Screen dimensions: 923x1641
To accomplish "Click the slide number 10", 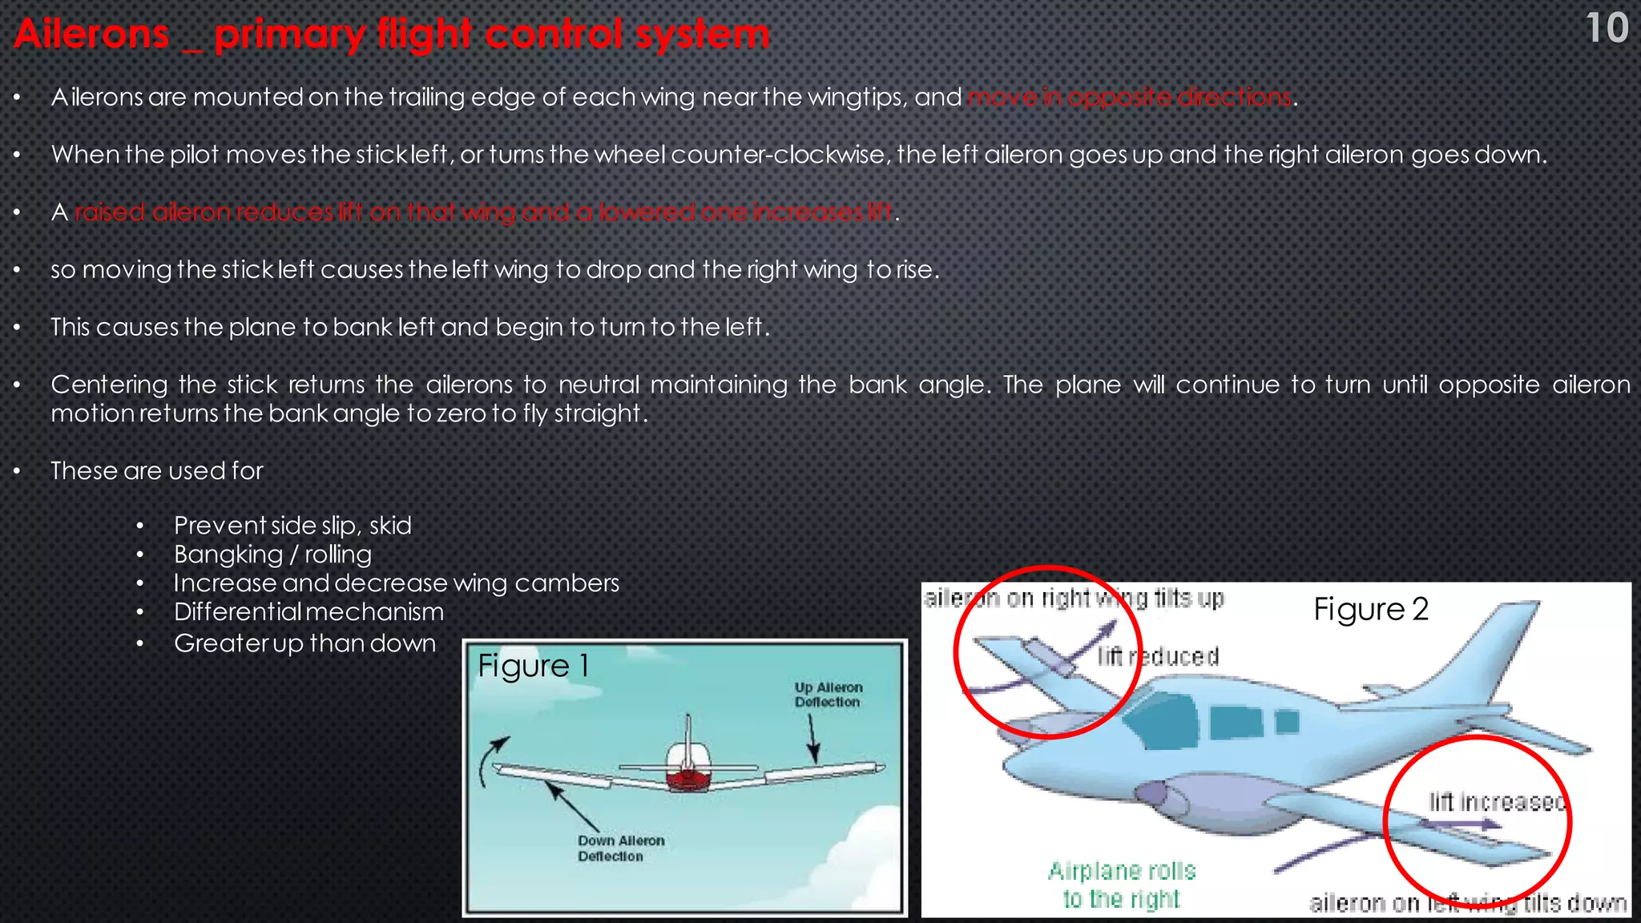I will [1607, 29].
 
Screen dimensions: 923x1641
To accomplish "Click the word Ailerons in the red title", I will [91, 35].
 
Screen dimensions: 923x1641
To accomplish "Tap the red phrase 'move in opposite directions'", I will [1130, 98].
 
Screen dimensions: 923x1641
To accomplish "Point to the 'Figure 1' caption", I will [533, 666].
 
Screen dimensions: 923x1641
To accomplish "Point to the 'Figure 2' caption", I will [1370, 610].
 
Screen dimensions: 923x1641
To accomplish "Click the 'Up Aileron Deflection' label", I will [828, 695].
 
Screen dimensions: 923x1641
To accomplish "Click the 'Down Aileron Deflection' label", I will [621, 848].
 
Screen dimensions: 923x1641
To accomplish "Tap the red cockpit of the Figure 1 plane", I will [688, 777].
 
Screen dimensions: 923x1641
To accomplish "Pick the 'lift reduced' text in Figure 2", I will [1158, 657].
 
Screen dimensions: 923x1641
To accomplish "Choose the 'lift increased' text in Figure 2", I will [1497, 802].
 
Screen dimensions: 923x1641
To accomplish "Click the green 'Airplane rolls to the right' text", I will [1122, 885].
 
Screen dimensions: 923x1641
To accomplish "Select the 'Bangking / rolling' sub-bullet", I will [272, 554].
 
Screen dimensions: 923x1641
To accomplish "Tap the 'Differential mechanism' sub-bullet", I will [308, 612].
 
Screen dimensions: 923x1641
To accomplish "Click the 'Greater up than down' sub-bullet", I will [304, 643].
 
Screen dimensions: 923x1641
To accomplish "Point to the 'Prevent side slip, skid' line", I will [292, 526].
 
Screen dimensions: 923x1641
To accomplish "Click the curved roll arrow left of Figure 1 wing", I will [490, 761].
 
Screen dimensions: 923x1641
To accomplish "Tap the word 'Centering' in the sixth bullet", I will [109, 385].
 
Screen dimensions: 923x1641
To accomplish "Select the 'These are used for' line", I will [157, 471].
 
